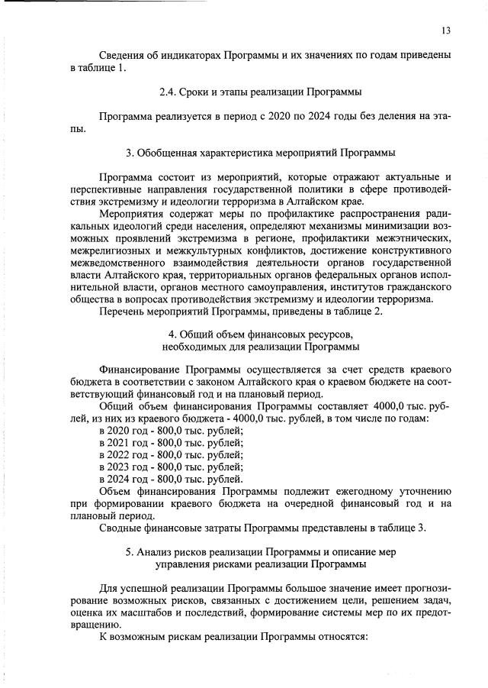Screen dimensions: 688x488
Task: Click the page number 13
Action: point(446,31)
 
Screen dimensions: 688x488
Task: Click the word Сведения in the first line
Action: point(122,56)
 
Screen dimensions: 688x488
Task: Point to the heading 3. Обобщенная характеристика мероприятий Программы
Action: point(260,153)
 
